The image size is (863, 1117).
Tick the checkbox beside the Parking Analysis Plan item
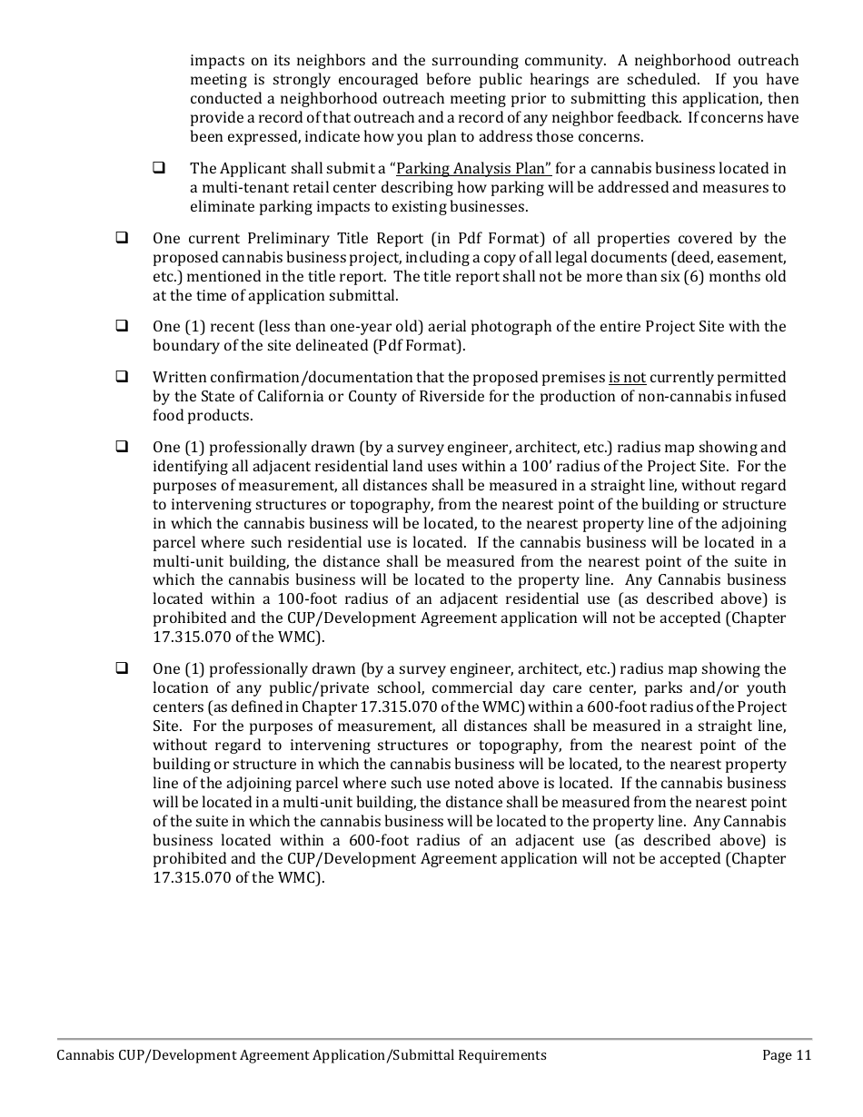tap(158, 168)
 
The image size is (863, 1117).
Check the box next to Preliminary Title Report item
tap(121, 239)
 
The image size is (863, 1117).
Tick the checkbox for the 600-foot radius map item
tap(121, 669)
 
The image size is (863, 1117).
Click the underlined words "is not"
tap(627, 378)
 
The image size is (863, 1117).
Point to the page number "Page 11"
tap(787, 1055)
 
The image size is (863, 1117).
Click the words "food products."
tap(203, 416)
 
